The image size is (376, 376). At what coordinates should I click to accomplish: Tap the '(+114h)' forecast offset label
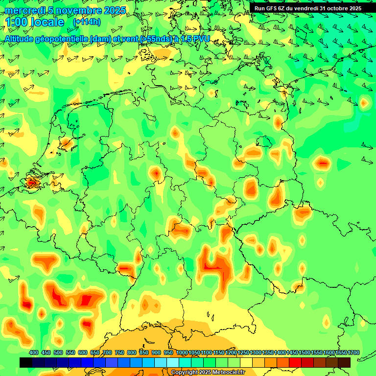(87, 22)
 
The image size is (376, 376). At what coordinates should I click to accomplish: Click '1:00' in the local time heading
(16, 22)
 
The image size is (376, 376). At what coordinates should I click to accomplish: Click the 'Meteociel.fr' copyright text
(225, 373)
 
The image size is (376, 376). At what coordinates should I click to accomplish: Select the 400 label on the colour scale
(34, 352)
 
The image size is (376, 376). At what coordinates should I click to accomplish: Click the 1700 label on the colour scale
(353, 352)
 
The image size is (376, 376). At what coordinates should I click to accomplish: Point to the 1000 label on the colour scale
(182, 352)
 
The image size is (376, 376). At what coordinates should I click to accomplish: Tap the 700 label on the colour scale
(107, 352)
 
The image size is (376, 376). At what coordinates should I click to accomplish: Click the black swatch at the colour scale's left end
(26, 362)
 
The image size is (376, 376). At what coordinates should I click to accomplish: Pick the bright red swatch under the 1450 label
(295, 362)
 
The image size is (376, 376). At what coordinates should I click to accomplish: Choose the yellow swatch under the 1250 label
(246, 362)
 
